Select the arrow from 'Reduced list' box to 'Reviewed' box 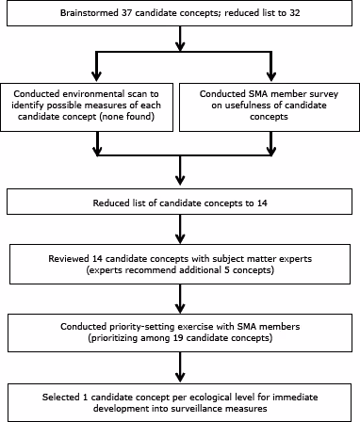tap(180, 232)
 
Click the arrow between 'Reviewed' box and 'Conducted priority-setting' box tap(180, 295)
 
